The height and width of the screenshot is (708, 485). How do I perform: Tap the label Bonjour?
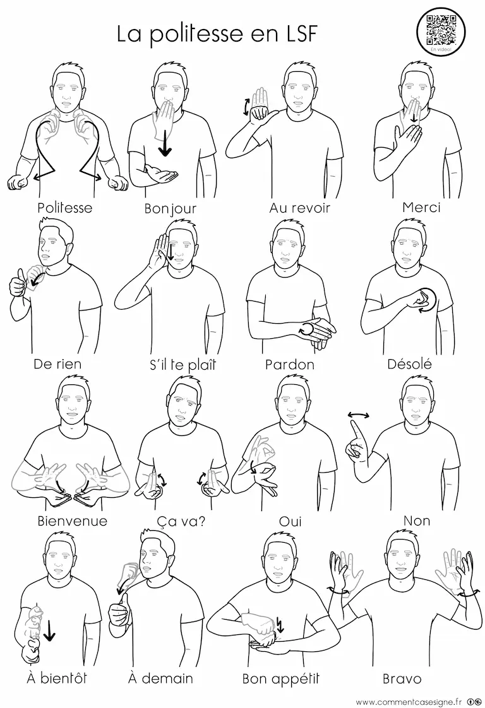tap(171, 209)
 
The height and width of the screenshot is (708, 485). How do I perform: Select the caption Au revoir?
tap(300, 208)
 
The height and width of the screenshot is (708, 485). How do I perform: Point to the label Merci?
tap(421, 207)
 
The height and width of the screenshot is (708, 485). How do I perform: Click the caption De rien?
tap(57, 363)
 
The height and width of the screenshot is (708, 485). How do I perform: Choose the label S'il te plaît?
tap(183, 364)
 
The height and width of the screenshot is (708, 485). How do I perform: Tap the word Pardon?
tap(290, 364)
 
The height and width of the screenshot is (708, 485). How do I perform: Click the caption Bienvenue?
tap(73, 521)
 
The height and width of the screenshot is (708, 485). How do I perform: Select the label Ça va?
tap(181, 521)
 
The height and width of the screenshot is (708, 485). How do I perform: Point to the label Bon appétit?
tap(280, 678)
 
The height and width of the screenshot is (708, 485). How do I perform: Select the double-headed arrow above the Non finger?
tap(359, 415)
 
